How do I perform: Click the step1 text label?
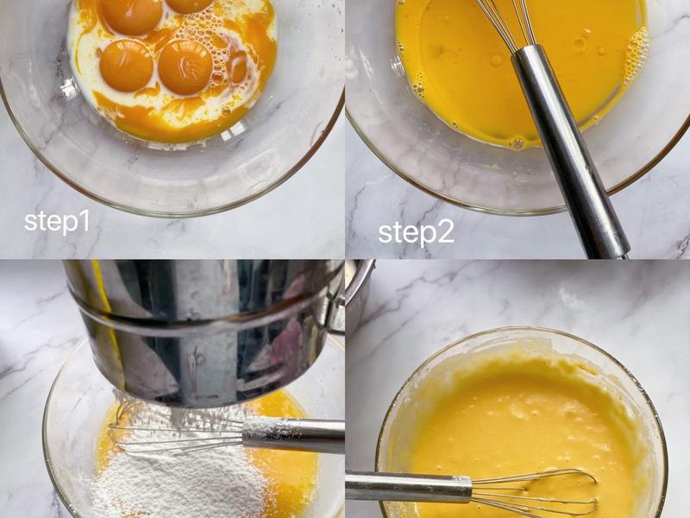pyautogui.click(x=57, y=222)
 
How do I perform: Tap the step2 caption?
pyautogui.click(x=416, y=233)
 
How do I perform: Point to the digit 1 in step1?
pyautogui.click(x=85, y=220)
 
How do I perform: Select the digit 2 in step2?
pyautogui.click(x=445, y=232)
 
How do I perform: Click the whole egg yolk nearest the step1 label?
pyautogui.click(x=126, y=66)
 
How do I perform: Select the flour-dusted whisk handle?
pyautogui.click(x=293, y=436)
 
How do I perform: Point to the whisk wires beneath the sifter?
pyautogui.click(x=176, y=434)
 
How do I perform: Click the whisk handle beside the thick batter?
pyautogui.click(x=408, y=487)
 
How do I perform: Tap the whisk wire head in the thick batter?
pyautogui.click(x=535, y=492)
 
